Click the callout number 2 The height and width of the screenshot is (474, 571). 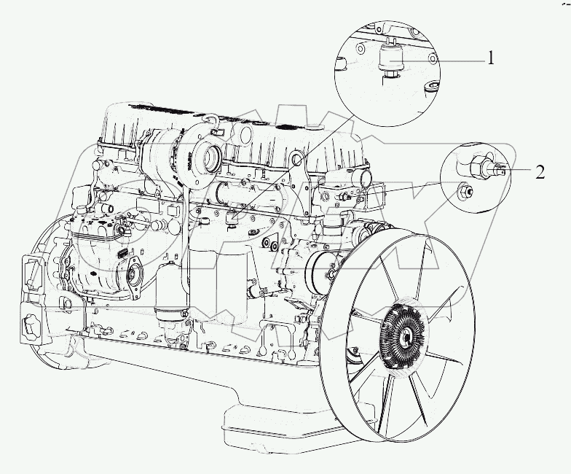point(540,172)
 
